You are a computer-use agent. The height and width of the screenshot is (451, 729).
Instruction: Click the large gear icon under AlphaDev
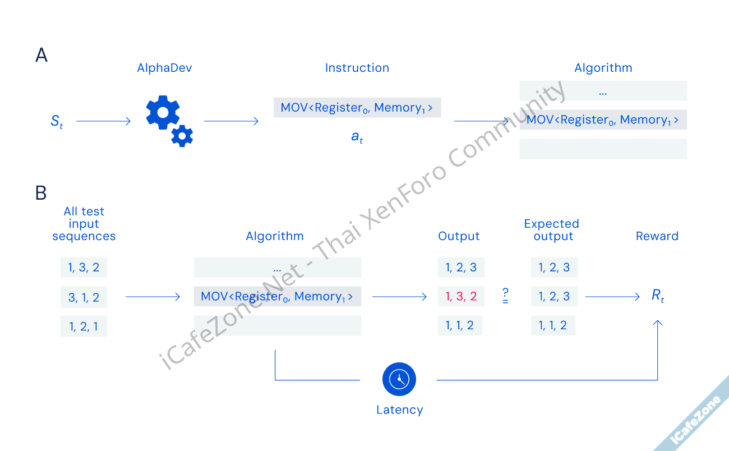tap(163, 112)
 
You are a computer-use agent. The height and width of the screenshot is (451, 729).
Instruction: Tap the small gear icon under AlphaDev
tap(182, 136)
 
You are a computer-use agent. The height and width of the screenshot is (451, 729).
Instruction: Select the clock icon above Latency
tap(399, 379)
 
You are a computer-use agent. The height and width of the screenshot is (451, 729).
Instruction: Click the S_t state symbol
tap(57, 121)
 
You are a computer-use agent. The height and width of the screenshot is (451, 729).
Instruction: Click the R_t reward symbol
tap(658, 296)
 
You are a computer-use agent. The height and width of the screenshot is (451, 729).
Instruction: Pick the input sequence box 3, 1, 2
tap(84, 297)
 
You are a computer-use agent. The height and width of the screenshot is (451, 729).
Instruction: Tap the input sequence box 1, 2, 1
tap(84, 326)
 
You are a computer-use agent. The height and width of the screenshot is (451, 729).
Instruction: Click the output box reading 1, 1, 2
tap(460, 326)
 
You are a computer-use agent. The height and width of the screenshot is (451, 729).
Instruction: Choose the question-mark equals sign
tap(505, 296)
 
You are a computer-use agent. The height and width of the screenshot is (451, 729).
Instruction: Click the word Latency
tap(399, 410)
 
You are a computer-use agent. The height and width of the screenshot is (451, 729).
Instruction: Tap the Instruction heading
tap(357, 68)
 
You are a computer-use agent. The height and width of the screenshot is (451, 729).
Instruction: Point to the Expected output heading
tap(553, 230)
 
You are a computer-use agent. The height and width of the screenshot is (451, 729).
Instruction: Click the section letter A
tap(41, 55)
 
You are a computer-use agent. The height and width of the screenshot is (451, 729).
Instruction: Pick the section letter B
tap(41, 193)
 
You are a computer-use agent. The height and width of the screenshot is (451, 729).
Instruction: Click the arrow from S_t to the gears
tap(103, 121)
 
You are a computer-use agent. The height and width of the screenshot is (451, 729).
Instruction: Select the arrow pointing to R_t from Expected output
tap(612, 297)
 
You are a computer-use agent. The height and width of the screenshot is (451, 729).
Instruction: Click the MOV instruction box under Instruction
tap(357, 108)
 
